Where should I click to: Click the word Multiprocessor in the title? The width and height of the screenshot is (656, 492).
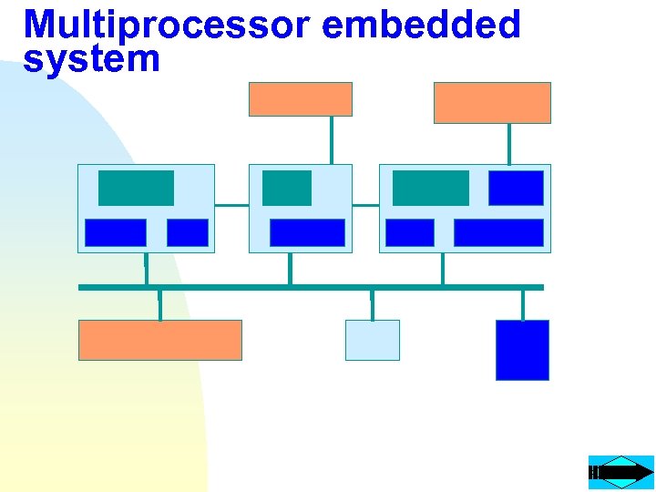[x=169, y=25]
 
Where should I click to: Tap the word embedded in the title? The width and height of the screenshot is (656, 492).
[x=421, y=25]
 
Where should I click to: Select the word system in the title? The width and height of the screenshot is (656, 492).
[x=91, y=59]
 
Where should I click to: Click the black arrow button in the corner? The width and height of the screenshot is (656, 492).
[x=621, y=472]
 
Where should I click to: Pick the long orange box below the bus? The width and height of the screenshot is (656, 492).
[x=160, y=340]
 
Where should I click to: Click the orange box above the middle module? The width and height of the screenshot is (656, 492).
[x=301, y=98]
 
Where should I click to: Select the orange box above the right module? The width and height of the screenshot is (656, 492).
[x=492, y=102]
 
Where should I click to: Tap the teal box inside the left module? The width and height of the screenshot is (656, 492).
[x=136, y=188]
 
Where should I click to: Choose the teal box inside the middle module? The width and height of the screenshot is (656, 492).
[x=286, y=188]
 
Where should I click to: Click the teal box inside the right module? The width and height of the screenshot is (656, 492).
[x=430, y=188]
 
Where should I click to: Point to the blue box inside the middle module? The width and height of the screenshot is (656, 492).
[x=307, y=232]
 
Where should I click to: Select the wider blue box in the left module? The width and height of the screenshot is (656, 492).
[x=115, y=232]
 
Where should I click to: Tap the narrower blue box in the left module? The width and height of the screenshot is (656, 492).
[x=188, y=232]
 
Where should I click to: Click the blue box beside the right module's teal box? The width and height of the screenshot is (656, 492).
[x=516, y=188]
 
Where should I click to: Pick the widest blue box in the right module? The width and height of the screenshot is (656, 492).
[x=498, y=232]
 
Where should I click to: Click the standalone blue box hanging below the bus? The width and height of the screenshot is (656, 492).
[x=522, y=350]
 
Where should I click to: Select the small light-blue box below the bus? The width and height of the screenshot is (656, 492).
[x=372, y=340]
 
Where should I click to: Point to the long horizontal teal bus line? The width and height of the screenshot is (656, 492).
[x=311, y=287]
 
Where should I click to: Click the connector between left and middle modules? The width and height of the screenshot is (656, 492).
[x=231, y=205]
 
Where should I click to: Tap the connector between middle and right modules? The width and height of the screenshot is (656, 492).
[x=365, y=205]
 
